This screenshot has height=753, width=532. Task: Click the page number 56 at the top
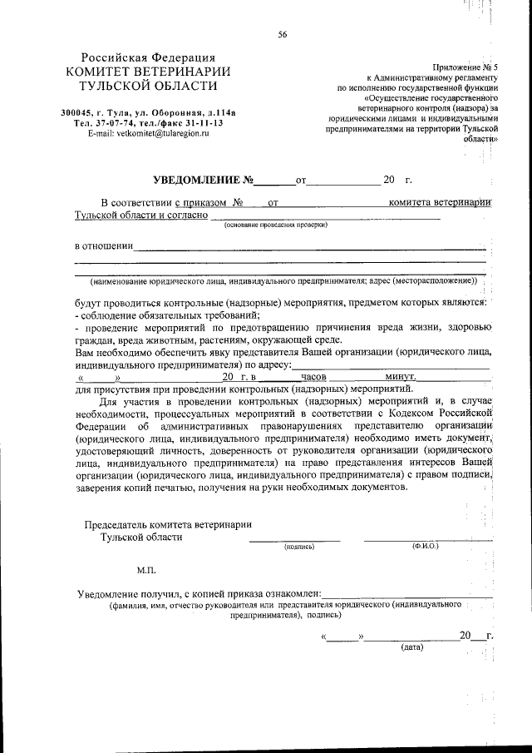point(283,34)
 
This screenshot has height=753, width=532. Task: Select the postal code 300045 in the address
point(77,112)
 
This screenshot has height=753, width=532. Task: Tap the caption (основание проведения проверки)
point(275,225)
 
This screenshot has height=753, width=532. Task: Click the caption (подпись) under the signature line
point(297,547)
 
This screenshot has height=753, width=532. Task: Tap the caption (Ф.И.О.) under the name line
point(425,547)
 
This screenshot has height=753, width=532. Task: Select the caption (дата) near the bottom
point(411,646)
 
